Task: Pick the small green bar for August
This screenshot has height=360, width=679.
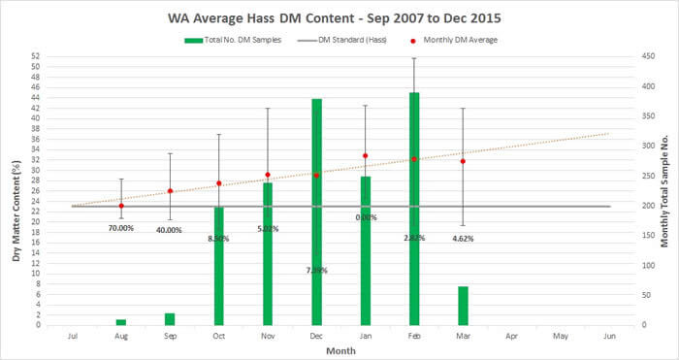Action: point(121,321)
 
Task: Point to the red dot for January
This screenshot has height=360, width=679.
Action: point(365,155)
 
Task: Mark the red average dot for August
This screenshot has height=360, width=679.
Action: point(121,206)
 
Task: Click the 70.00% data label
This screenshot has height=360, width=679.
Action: point(121,228)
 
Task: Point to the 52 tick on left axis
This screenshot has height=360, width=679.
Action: point(36,56)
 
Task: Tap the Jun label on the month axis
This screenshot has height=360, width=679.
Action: point(609,335)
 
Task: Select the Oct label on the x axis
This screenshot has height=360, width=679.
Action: point(218,335)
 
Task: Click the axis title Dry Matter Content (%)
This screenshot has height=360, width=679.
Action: point(13,190)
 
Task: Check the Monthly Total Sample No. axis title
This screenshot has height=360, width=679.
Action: point(667,190)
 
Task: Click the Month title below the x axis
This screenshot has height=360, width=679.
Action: point(340,350)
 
